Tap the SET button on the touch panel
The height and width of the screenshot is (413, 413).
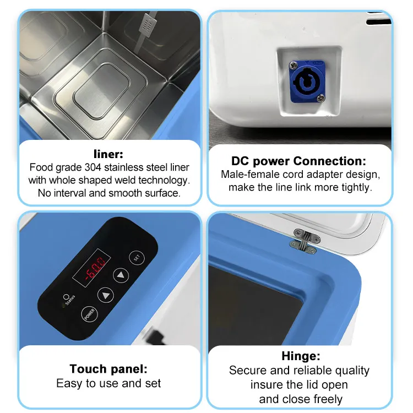(135, 257)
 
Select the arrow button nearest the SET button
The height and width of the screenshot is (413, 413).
(121, 275)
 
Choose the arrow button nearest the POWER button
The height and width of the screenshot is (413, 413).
(105, 295)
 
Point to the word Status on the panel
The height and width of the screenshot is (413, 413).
(70, 301)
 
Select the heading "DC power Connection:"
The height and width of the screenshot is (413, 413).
(299, 161)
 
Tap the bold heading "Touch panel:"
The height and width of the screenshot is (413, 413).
(108, 369)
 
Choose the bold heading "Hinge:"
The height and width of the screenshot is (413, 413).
(301, 356)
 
